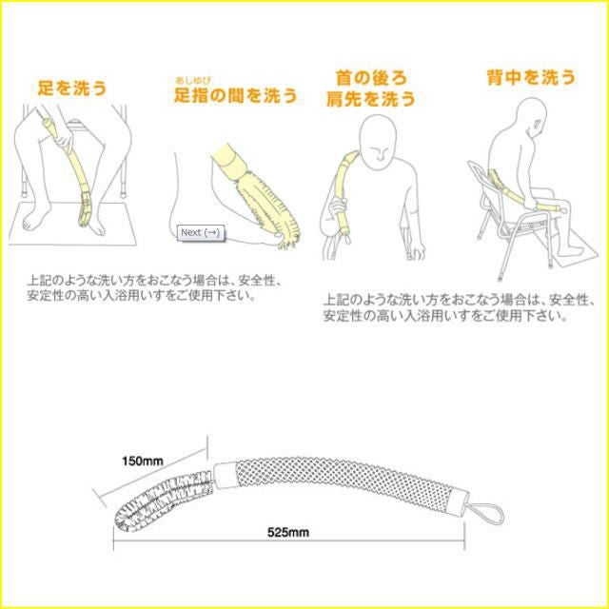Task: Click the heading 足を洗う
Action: coord(72,88)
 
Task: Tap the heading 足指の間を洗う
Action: coord(236,95)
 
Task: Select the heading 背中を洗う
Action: coord(531,77)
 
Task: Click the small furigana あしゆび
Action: coord(193,81)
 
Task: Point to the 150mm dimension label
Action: coord(142,461)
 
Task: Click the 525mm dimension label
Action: coord(288,532)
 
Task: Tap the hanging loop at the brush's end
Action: coord(485,512)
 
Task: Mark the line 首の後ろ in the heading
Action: coord(371,78)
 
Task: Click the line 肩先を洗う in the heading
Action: coord(371,99)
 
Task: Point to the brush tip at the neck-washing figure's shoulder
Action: coord(351,156)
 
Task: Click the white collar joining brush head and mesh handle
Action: coord(225,475)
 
